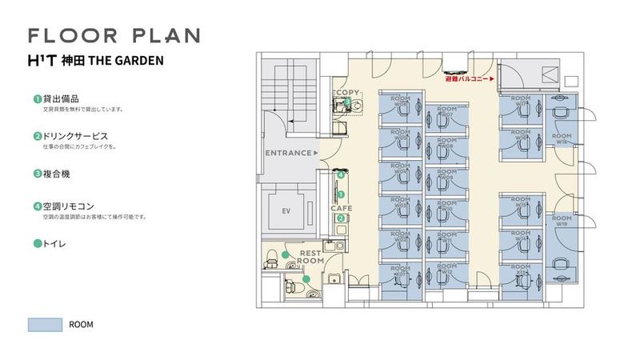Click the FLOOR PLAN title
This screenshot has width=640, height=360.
[x=114, y=35]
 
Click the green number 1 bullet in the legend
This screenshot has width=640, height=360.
[x=37, y=98]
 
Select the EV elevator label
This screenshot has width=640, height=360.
[x=285, y=210]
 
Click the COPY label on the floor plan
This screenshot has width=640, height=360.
[x=347, y=93]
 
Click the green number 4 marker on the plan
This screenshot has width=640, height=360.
[x=342, y=174]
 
